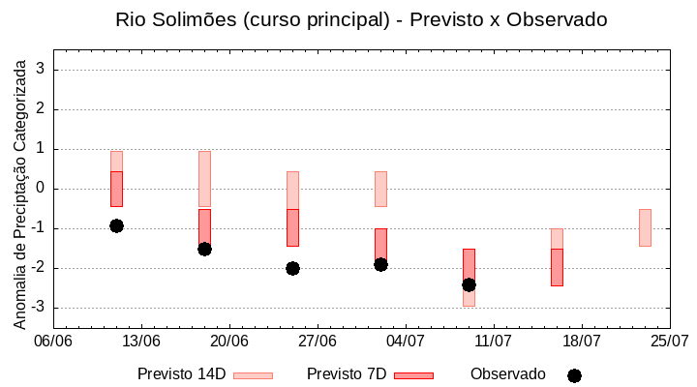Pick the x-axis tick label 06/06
click(53, 341)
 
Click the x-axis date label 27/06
click(318, 341)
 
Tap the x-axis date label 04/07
click(406, 341)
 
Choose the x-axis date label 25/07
click(670, 341)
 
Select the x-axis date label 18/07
click(582, 341)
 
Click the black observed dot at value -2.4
click(469, 284)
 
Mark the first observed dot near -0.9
click(116, 225)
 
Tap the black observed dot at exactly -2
click(292, 268)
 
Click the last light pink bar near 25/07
click(645, 227)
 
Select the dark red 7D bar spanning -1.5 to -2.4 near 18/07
click(557, 267)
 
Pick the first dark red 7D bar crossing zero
click(116, 189)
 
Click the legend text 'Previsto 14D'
click(181, 374)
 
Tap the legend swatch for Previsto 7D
click(413, 375)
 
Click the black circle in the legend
click(574, 375)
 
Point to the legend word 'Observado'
click(507, 374)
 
